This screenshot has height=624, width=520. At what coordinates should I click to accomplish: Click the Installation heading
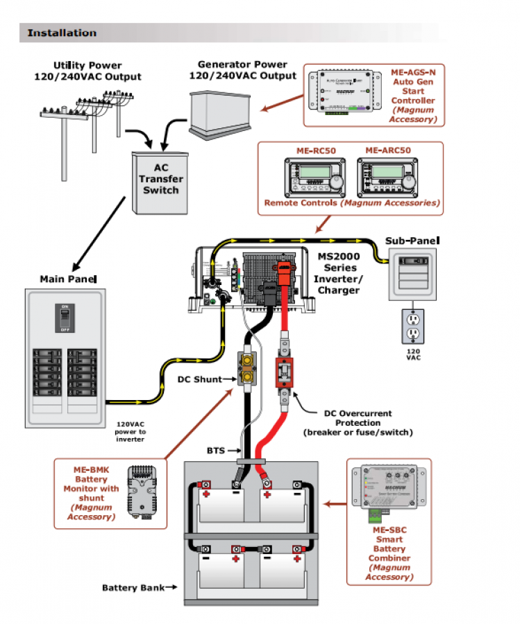(x=62, y=33)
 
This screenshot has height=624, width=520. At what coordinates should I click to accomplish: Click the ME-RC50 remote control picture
(x=314, y=177)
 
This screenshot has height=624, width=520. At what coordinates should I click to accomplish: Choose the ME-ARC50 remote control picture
(x=387, y=177)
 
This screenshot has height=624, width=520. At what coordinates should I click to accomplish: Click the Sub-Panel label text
(x=413, y=241)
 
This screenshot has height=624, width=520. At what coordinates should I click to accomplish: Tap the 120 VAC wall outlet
(x=413, y=325)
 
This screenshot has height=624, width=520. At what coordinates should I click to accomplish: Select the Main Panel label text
(x=67, y=279)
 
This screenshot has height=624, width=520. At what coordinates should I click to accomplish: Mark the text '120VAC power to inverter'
(x=131, y=432)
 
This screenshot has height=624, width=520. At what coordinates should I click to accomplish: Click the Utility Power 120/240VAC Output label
(x=87, y=71)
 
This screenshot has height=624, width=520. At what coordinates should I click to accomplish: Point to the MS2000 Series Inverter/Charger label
(x=339, y=272)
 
